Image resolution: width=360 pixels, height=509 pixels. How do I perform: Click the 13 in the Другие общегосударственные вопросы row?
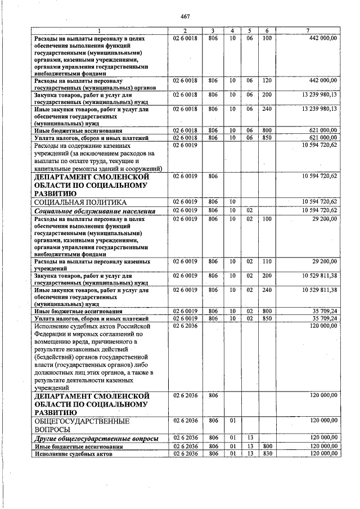[249, 438]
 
